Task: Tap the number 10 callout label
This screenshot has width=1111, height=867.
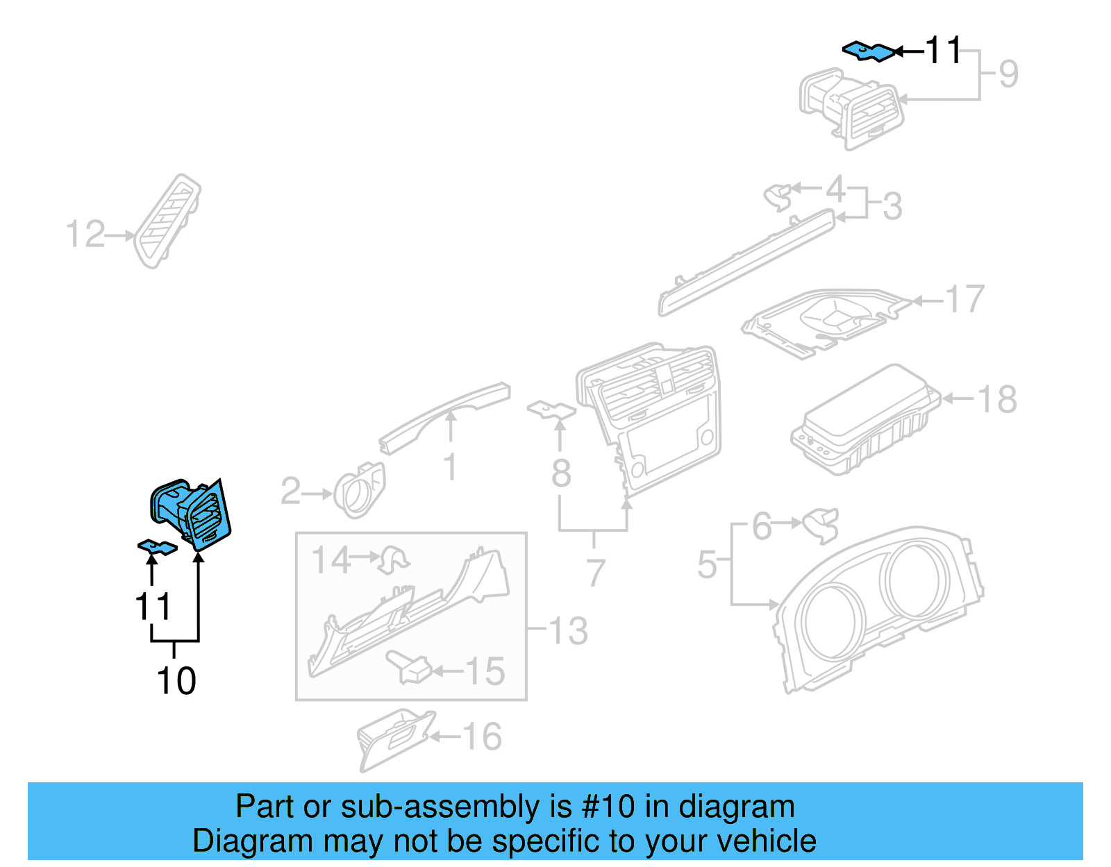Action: pyautogui.click(x=176, y=681)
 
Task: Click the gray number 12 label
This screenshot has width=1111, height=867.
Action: pyautogui.click(x=85, y=235)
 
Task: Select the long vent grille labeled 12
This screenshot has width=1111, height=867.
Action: pyautogui.click(x=169, y=221)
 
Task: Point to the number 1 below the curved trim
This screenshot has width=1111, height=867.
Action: pyautogui.click(x=450, y=466)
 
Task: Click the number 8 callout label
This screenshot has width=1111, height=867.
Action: pyautogui.click(x=561, y=473)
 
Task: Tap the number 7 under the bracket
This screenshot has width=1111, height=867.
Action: pyautogui.click(x=596, y=573)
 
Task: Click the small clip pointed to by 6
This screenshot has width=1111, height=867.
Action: pyautogui.click(x=821, y=525)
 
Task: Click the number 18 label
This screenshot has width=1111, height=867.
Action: pyautogui.click(x=997, y=400)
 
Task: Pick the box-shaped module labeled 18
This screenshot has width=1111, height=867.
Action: pyautogui.click(x=865, y=420)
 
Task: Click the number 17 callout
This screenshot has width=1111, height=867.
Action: pyautogui.click(x=965, y=299)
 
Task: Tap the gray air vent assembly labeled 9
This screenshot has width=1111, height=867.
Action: pyautogui.click(x=851, y=108)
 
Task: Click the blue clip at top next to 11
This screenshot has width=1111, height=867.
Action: pyautogui.click(x=868, y=51)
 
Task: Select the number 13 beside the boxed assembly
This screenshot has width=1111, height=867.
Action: pyautogui.click(x=568, y=631)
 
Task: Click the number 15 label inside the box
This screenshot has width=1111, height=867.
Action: pyautogui.click(x=485, y=672)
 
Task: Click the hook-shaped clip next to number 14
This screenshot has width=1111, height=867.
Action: pyautogui.click(x=393, y=559)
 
